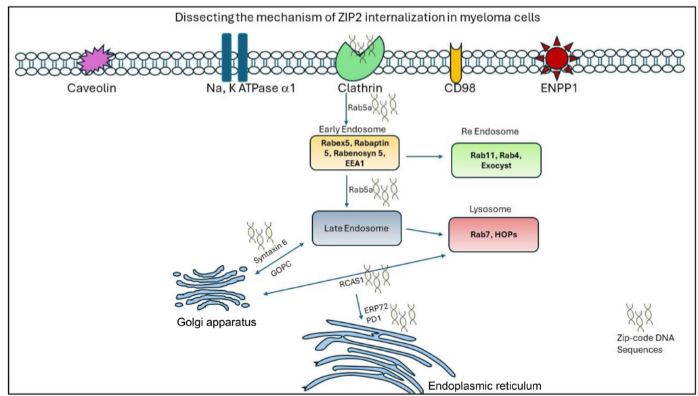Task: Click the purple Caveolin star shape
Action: click(95, 62)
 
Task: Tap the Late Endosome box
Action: click(357, 229)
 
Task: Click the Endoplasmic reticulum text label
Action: click(485, 386)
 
